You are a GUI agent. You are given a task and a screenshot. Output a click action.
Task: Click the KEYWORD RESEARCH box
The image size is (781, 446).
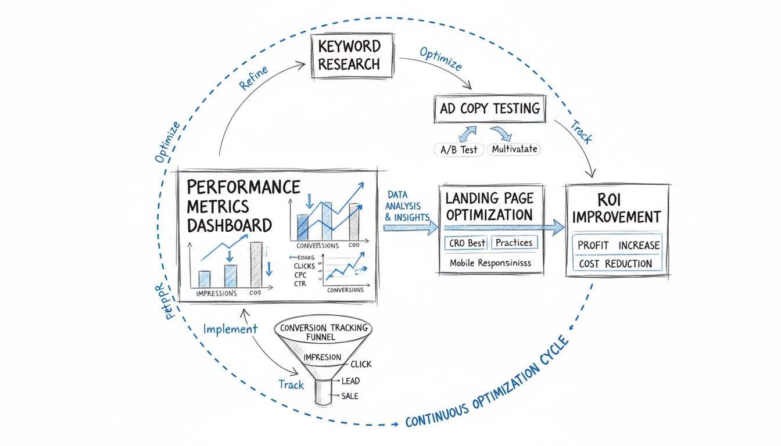349,55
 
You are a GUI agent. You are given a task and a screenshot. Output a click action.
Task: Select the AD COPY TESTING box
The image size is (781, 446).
490,109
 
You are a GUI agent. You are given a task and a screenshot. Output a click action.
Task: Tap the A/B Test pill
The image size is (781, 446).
458,149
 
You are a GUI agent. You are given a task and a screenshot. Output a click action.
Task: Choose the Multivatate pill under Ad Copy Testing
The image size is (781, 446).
513,149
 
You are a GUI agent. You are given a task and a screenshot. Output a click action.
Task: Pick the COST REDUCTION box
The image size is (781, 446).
615,264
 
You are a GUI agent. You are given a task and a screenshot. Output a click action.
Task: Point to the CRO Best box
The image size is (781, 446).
468,243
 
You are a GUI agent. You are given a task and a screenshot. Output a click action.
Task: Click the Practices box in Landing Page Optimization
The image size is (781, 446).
514,243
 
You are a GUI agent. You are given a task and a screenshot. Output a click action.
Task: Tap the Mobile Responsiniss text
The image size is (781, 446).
490,262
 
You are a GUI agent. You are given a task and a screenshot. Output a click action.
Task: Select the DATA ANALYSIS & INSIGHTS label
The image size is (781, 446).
406,206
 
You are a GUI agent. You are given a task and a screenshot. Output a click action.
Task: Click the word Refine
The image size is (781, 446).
253,78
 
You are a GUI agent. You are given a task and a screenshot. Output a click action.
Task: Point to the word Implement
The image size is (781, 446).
230,329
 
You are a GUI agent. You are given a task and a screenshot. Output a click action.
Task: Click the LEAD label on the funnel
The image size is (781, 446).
350,381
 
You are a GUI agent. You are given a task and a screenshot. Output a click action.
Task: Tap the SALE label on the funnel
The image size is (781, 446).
350,396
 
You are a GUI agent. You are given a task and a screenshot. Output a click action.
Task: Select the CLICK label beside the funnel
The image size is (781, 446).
360,364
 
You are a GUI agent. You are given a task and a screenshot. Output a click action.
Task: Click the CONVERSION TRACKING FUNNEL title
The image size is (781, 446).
324,332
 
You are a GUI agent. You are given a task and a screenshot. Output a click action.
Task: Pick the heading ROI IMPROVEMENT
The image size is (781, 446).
617,207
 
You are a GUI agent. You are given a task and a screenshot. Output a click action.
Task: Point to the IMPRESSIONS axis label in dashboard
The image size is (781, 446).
216,293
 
